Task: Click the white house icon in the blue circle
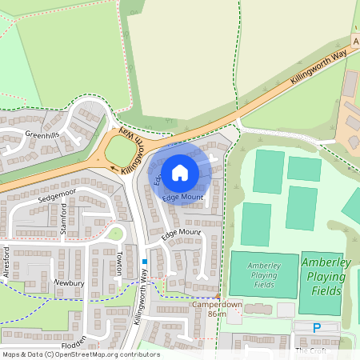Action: [x=180, y=171]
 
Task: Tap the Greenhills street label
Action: [x=42, y=134]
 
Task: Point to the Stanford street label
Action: [x=64, y=217]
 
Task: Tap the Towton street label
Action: [x=119, y=262]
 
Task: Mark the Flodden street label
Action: [x=74, y=347]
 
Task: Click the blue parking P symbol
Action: [x=317, y=327]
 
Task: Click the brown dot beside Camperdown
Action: [x=218, y=296]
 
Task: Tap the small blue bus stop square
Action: [x=144, y=261]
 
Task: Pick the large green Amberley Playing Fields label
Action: [x=323, y=277]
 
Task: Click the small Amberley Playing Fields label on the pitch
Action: [x=263, y=274]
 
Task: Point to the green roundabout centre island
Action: [x=120, y=150]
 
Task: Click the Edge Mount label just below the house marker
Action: [x=182, y=197]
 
